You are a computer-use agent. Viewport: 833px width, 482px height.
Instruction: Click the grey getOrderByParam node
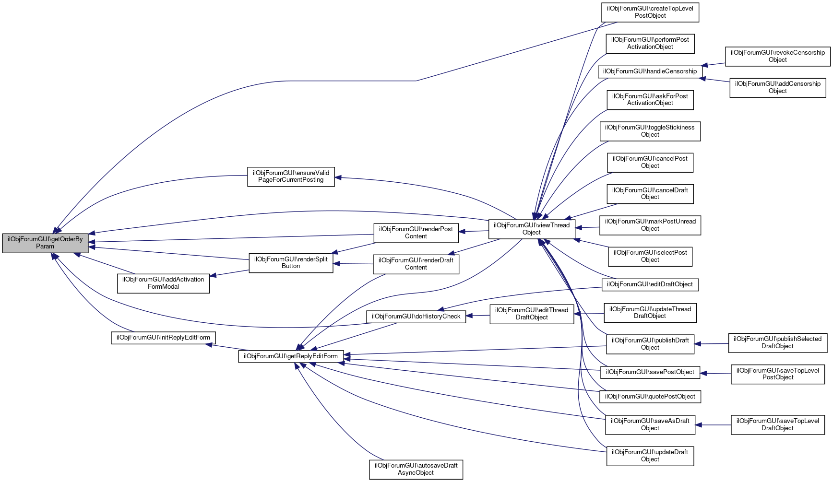[45, 243]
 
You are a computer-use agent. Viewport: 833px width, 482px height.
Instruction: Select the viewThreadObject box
[532, 229]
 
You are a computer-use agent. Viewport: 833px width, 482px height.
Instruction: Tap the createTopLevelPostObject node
[650, 12]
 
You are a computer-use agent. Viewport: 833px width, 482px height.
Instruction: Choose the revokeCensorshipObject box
[777, 57]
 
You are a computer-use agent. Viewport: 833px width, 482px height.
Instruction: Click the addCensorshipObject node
[777, 88]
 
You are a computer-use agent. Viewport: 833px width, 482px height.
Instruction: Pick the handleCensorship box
[650, 71]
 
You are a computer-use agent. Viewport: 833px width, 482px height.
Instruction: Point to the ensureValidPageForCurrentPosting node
[291, 177]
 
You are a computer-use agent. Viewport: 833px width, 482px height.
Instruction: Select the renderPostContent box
[416, 233]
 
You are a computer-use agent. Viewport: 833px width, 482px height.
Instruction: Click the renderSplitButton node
[291, 263]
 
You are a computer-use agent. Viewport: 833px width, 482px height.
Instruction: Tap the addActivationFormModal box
[163, 283]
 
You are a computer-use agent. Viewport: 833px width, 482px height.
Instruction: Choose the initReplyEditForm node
[163, 338]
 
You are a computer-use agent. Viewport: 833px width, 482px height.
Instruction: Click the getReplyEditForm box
[291, 356]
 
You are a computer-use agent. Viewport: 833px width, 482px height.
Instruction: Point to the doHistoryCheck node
[416, 317]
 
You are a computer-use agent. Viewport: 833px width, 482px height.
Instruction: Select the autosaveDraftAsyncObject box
[416, 470]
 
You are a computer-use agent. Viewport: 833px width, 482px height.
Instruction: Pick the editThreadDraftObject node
[532, 314]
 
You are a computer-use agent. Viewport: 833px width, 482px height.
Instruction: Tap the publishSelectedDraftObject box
[777, 343]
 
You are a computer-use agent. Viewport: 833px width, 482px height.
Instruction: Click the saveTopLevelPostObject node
[777, 374]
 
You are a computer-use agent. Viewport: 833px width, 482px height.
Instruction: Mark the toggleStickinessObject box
[650, 131]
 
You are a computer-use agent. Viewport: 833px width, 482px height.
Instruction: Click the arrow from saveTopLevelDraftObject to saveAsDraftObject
[713, 425]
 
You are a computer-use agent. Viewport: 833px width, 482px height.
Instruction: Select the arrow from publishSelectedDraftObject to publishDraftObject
[712, 344]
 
